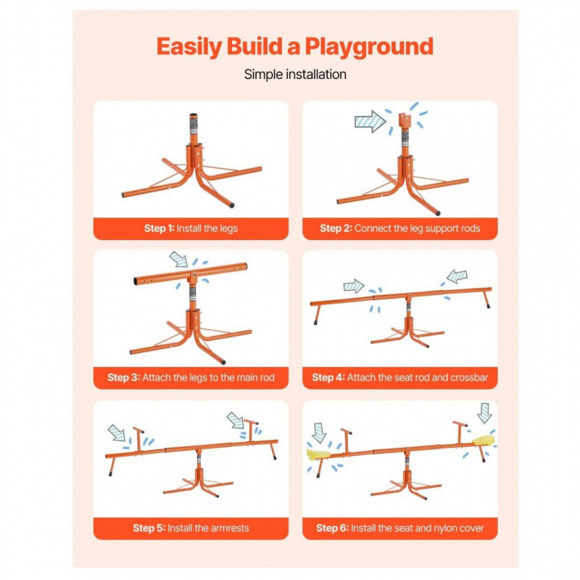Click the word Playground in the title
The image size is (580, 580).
coord(369,47)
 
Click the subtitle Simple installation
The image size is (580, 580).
coord(295,75)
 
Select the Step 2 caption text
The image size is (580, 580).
coord(400,228)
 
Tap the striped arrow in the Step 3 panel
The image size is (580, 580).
coord(179,259)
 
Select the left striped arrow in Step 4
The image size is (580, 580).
coord(354,286)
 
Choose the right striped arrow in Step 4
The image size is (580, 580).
coord(457,276)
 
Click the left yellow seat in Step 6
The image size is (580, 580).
coord(318,455)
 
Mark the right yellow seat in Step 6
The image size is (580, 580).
coord(484,440)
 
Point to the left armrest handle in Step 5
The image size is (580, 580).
coord(138,439)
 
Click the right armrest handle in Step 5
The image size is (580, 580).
coord(251,430)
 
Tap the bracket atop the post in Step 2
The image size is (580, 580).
coord(405,120)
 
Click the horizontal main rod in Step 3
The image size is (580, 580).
coord(191,274)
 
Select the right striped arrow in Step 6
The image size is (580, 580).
coord(484,413)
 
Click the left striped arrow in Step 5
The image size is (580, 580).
coord(117,433)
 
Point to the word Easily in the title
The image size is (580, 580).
coord(189,47)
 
